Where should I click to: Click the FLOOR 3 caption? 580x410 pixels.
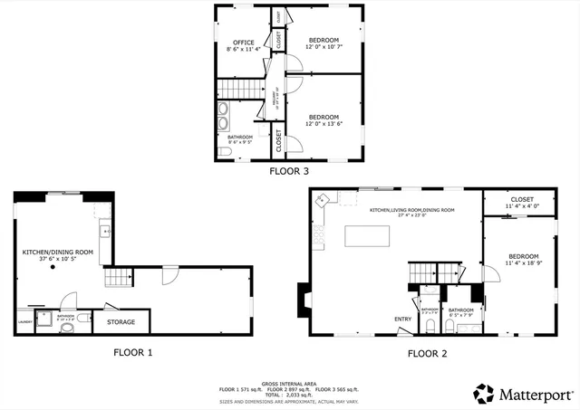(289, 170)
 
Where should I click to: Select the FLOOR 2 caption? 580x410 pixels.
(427, 353)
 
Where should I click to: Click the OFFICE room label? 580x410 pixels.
(243, 43)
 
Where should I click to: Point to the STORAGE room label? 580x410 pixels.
(121, 322)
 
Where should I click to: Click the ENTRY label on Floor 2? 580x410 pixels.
(402, 319)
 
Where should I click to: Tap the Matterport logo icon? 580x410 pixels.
(484, 394)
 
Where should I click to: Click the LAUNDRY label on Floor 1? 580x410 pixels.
(24, 320)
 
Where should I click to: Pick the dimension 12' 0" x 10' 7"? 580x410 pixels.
(324, 47)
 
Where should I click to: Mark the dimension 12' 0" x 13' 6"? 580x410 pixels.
(324, 124)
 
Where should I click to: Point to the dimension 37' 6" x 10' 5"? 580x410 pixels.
(58, 260)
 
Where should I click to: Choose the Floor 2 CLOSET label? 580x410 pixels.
(522, 199)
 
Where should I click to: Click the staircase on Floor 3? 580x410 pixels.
(239, 89)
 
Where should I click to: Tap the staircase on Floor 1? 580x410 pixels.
(113, 278)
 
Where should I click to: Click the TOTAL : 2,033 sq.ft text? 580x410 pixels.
(289, 395)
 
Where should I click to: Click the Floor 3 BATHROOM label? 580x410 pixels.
(240, 137)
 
